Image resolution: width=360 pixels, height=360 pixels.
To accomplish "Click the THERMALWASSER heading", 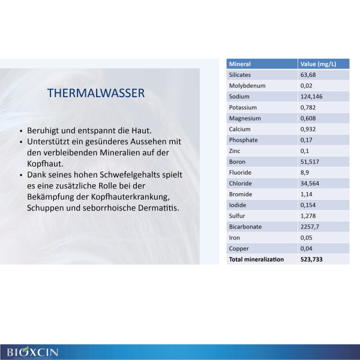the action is coord(96,93).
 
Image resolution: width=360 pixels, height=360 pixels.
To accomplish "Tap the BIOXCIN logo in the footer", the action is coord(32,352).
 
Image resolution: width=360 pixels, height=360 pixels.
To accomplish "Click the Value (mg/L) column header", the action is coord(318,64).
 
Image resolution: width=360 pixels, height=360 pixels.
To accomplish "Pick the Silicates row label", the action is coord(239,75).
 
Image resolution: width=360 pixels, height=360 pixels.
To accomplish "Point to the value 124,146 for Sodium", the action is coord(311,97).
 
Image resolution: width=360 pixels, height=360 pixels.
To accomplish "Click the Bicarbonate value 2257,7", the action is coord(310,227).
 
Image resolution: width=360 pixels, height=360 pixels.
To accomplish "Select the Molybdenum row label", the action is coord(247,86).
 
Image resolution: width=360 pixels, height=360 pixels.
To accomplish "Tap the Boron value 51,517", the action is coord(310,162).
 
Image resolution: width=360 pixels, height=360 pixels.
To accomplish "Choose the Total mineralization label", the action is coord(256,259).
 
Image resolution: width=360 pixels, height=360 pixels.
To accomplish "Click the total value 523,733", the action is coord(311,259).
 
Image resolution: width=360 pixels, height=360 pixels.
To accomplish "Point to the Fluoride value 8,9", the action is coord(305,173).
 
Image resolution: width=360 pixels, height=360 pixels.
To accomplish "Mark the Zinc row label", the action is coord(235,151).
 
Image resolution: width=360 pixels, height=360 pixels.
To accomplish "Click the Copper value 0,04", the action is coord(306,248).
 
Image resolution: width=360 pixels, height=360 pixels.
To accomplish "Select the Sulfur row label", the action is coord(237,216).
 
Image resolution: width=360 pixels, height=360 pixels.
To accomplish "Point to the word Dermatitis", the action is coord(158,208).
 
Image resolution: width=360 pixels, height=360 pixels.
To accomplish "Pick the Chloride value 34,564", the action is coord(310,184).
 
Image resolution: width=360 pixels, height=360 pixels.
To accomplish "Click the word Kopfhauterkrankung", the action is coord(130,197).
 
